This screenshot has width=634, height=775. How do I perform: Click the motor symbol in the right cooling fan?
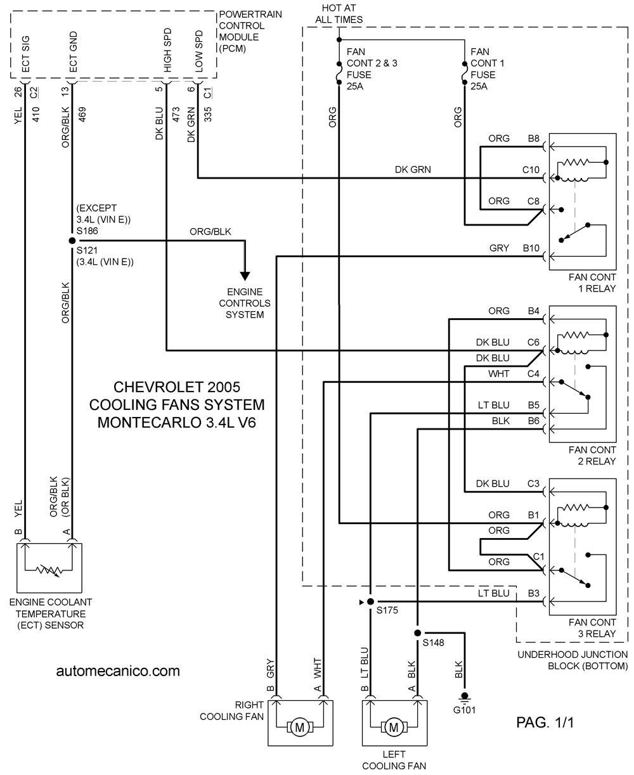300,727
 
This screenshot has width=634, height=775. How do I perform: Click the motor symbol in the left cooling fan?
394,727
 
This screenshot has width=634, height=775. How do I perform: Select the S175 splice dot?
370,601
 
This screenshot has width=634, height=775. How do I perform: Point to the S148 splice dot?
417,633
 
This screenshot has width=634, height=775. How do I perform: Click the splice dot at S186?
72,241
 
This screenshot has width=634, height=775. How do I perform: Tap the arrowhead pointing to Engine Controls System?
245,276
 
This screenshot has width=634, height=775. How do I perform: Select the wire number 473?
176,114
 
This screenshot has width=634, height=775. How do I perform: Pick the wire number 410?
36,114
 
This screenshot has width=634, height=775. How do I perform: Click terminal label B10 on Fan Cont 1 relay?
531,248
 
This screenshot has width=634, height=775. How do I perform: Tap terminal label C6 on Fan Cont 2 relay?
533,342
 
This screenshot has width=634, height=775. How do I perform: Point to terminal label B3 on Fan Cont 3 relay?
534,593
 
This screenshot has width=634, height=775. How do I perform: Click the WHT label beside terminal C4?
499,374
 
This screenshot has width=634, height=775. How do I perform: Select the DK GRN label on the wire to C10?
413,169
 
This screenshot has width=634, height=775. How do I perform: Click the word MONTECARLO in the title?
150,423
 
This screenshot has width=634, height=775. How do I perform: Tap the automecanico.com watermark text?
118,671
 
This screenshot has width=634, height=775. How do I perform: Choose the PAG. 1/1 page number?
545,722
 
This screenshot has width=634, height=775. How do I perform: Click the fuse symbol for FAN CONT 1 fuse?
465,73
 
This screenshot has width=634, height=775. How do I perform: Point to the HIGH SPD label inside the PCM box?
167,50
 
